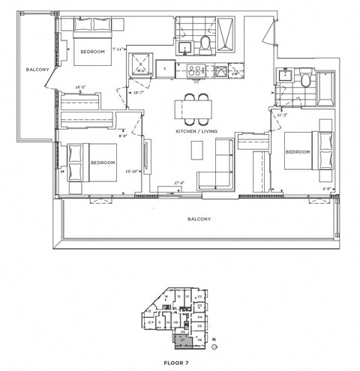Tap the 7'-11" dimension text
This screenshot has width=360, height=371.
tap(118, 49)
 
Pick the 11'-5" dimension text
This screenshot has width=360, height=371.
tap(283, 115)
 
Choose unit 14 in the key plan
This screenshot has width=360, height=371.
tap(166, 298)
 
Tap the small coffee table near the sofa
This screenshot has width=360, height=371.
tap(196, 150)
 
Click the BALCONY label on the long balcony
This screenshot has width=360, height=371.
tap(199, 220)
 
